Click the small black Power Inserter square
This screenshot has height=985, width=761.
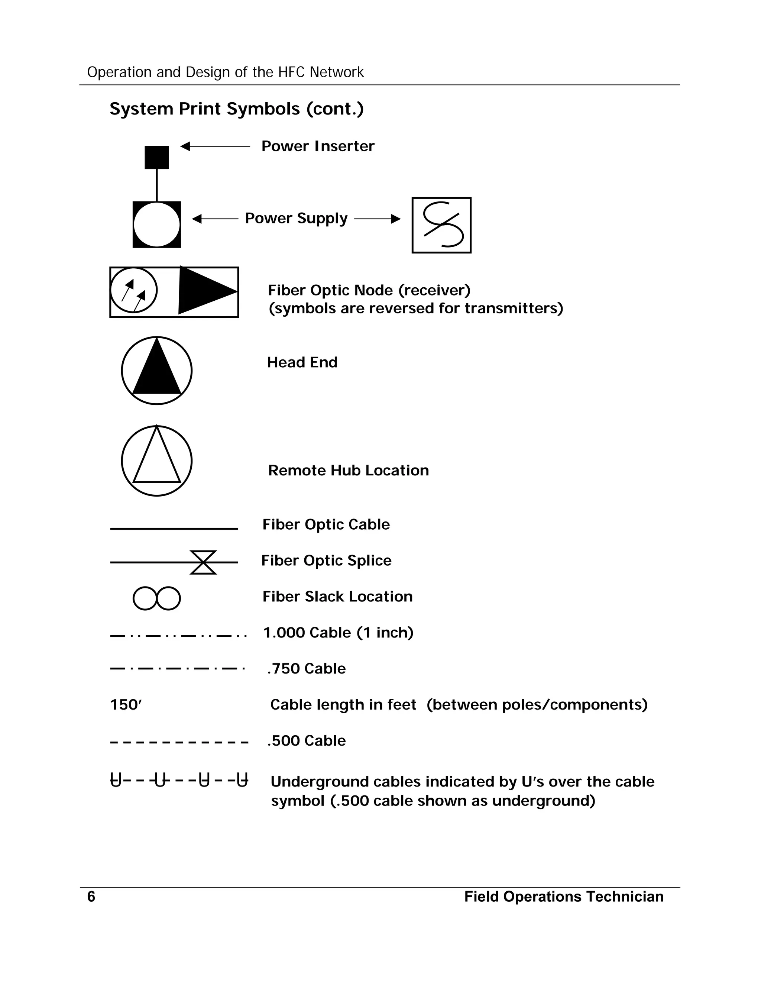(156, 157)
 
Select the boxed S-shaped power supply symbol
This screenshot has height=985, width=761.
(441, 225)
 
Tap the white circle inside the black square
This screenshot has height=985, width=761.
(156, 225)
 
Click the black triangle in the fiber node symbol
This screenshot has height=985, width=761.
(204, 291)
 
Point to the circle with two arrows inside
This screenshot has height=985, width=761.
(133, 290)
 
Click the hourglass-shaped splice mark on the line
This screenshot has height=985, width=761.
(203, 562)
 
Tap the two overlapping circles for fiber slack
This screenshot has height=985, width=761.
(156, 598)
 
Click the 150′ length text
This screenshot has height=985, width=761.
(126, 704)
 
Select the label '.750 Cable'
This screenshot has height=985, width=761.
(306, 668)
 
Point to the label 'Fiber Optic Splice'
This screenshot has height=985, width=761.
(326, 560)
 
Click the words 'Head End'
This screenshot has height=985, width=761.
(302, 362)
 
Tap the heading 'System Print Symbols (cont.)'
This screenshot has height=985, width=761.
(236, 109)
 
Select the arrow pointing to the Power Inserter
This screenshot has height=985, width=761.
(215, 146)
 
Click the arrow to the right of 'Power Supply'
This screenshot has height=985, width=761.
(378, 219)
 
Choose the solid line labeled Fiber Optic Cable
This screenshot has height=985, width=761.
(174, 529)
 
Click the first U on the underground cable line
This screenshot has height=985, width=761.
(116, 780)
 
